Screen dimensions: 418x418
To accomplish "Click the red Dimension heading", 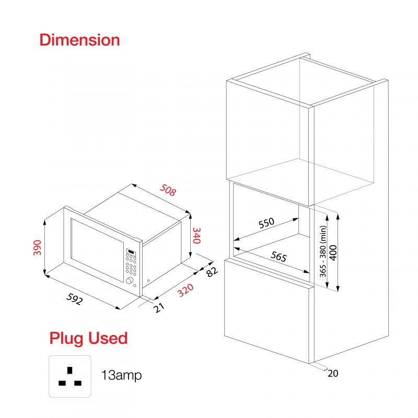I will pos(79,40).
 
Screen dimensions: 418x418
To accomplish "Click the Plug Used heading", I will pos(88,338).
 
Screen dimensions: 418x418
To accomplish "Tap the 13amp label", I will pos(121,375).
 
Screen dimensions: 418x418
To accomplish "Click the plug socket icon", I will pos(70,376).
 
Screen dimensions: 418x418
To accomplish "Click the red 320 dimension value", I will pos(185,290).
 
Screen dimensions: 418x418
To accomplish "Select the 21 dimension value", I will pos(159,308).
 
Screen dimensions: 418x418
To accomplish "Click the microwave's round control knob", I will pos(130,282).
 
